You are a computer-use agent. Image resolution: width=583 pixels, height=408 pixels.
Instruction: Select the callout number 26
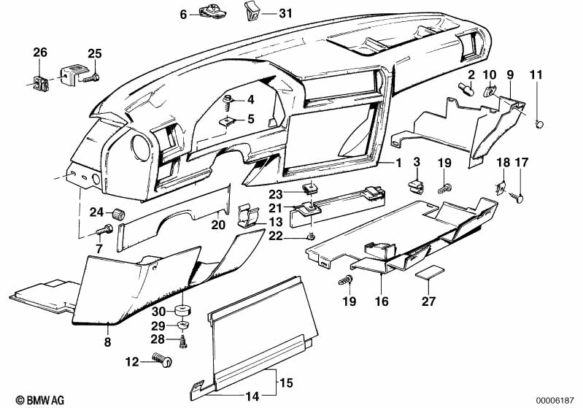click(x=39, y=52)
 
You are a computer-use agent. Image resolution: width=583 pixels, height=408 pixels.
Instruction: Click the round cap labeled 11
click(x=541, y=123)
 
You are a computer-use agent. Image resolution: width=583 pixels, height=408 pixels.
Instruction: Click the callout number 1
click(x=398, y=163)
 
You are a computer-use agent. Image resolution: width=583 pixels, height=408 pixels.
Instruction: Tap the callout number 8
click(x=107, y=340)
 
